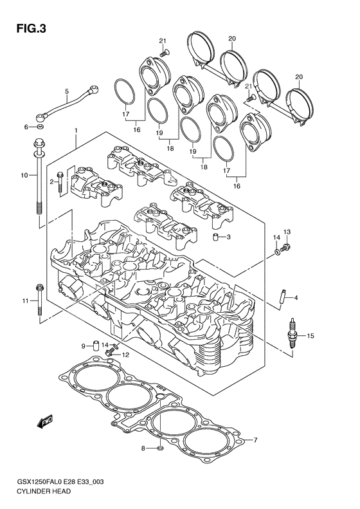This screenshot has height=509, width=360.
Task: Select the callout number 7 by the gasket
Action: click(255, 440)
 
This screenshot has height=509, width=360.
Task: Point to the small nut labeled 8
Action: click(160, 448)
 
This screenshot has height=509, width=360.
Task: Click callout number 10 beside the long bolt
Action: click(24, 174)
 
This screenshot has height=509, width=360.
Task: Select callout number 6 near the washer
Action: click(26, 127)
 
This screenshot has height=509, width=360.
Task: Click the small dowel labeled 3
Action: click(217, 238)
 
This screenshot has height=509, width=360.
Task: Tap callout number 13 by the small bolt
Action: click(287, 232)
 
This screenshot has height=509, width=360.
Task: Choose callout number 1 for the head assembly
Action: click(75, 131)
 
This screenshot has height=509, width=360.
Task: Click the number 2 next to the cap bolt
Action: click(51, 182)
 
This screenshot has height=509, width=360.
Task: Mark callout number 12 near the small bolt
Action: click(126, 355)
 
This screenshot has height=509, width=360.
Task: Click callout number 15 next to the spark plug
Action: click(310, 335)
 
